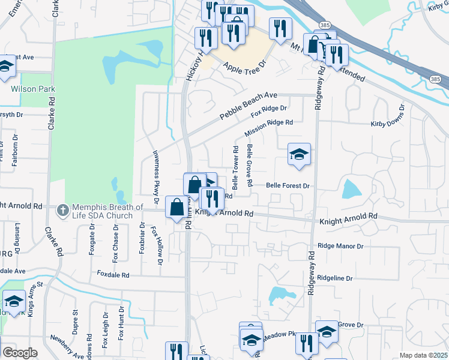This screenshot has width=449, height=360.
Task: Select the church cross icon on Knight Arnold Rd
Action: [61, 210]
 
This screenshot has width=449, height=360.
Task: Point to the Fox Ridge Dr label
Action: [269, 111]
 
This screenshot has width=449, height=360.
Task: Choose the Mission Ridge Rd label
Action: [268, 128]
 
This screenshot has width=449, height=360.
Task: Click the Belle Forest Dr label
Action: [288, 186]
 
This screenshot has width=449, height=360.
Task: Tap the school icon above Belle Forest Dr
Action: [299, 155]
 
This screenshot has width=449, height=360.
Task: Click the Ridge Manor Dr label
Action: [340, 246]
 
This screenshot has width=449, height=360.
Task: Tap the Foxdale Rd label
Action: [113, 274]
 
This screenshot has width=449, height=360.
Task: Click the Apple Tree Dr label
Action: [244, 68]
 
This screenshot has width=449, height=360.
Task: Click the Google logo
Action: [19, 353]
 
